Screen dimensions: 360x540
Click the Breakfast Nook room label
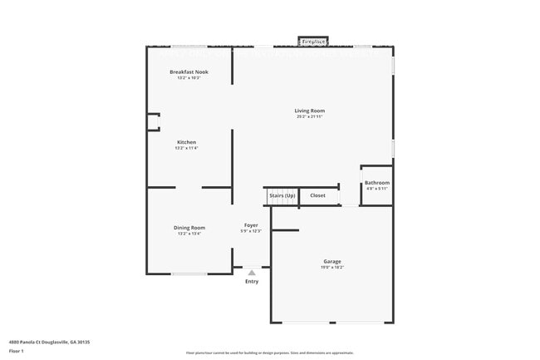tap(189, 72)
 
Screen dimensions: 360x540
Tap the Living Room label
tap(309, 111)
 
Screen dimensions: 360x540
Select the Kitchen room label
tap(186, 142)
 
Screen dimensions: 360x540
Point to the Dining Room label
tap(189, 228)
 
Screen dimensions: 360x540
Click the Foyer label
tap(251, 225)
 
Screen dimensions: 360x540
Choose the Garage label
tap(332, 261)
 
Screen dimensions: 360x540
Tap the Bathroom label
tap(377, 182)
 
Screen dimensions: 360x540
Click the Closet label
tap(318, 195)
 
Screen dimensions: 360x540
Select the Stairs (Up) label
tap(282, 195)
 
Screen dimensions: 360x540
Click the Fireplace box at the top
tap(313, 40)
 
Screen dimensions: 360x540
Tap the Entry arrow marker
tap(252, 272)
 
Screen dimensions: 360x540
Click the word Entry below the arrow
tap(252, 281)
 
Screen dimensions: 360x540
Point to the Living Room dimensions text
tap(309, 116)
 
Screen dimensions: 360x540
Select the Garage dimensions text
tap(332, 267)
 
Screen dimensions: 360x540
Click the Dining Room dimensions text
tap(189, 234)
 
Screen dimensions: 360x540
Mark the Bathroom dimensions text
tap(377, 188)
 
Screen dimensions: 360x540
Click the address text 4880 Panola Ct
tap(49, 342)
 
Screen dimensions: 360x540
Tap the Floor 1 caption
tap(17, 351)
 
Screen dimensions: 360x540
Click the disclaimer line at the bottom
tap(270, 353)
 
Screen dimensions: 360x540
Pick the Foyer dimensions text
tap(251, 231)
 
